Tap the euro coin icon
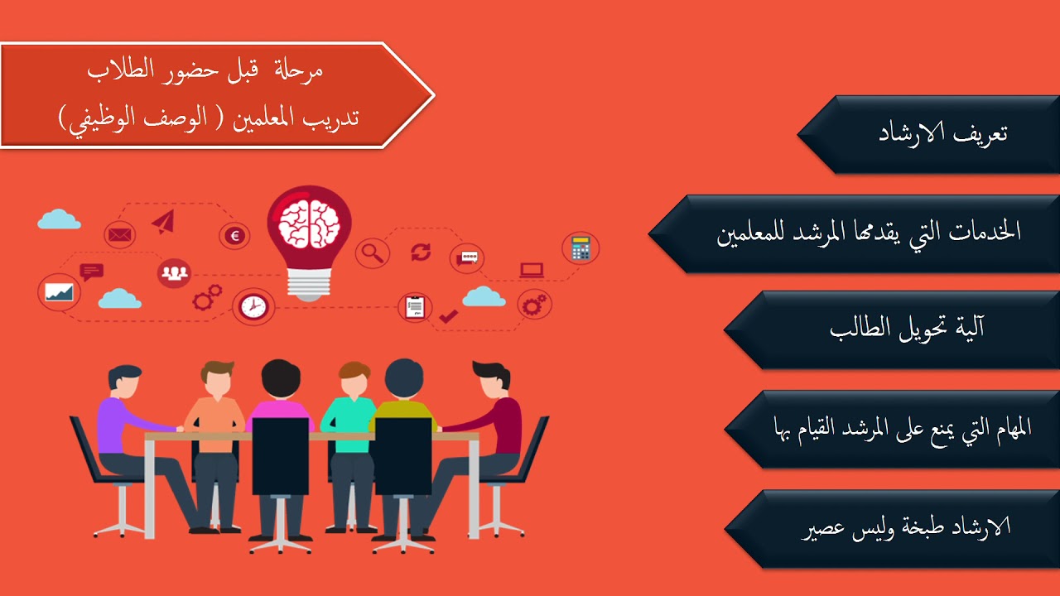234,236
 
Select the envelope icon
119,235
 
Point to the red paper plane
163,221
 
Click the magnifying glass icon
372,252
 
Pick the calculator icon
580,248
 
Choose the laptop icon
531,270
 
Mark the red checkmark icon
448,315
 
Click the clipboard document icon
415,306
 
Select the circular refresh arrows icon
421,252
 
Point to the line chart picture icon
60,292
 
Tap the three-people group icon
174,272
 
